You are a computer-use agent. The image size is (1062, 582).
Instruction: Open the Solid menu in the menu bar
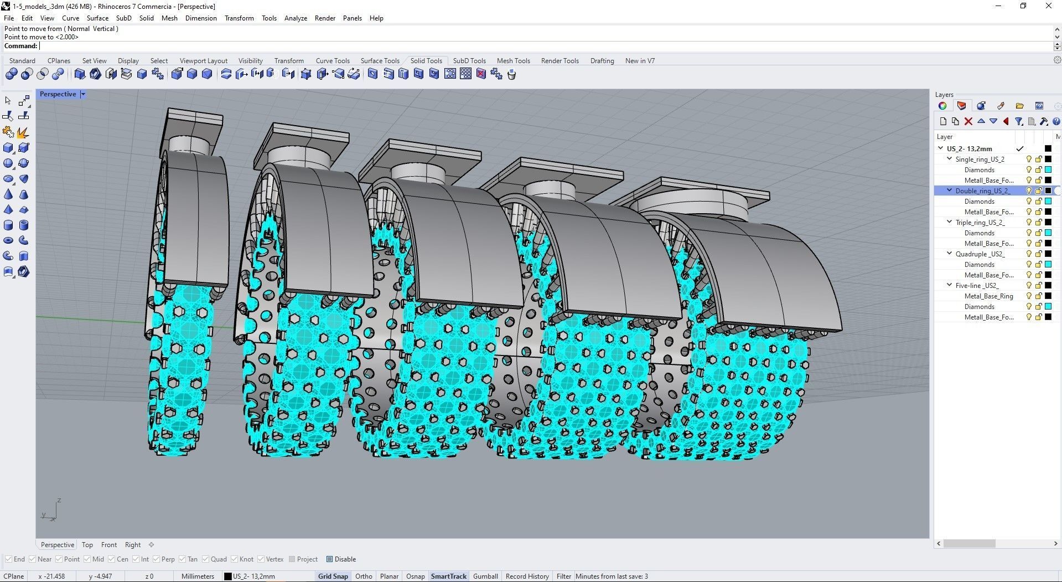(146, 18)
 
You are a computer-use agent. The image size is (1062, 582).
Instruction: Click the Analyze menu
(296, 18)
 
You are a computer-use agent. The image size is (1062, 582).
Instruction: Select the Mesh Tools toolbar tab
(513, 61)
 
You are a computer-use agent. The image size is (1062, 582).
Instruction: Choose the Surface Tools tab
(380, 61)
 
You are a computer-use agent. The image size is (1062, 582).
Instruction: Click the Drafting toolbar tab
(602, 61)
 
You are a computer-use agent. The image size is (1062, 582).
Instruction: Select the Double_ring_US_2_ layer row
(982, 191)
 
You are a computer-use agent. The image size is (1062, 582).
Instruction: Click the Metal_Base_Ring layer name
(988, 296)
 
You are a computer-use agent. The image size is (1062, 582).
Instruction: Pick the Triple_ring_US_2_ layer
(980, 223)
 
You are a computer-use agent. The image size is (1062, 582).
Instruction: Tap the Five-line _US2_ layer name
(977, 286)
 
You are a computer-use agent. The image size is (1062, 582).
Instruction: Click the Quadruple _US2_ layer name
(980, 254)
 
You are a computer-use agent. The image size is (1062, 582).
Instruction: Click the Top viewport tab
(87, 545)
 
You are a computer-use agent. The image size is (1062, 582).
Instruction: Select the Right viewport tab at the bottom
(133, 545)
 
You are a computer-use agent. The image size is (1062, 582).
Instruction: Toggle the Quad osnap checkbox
(206, 559)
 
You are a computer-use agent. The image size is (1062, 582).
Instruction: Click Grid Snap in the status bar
(333, 576)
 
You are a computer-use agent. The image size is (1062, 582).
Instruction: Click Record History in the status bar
(527, 576)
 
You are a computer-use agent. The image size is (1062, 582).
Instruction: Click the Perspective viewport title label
(58, 94)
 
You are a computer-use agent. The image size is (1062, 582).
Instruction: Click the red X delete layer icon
(968, 121)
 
